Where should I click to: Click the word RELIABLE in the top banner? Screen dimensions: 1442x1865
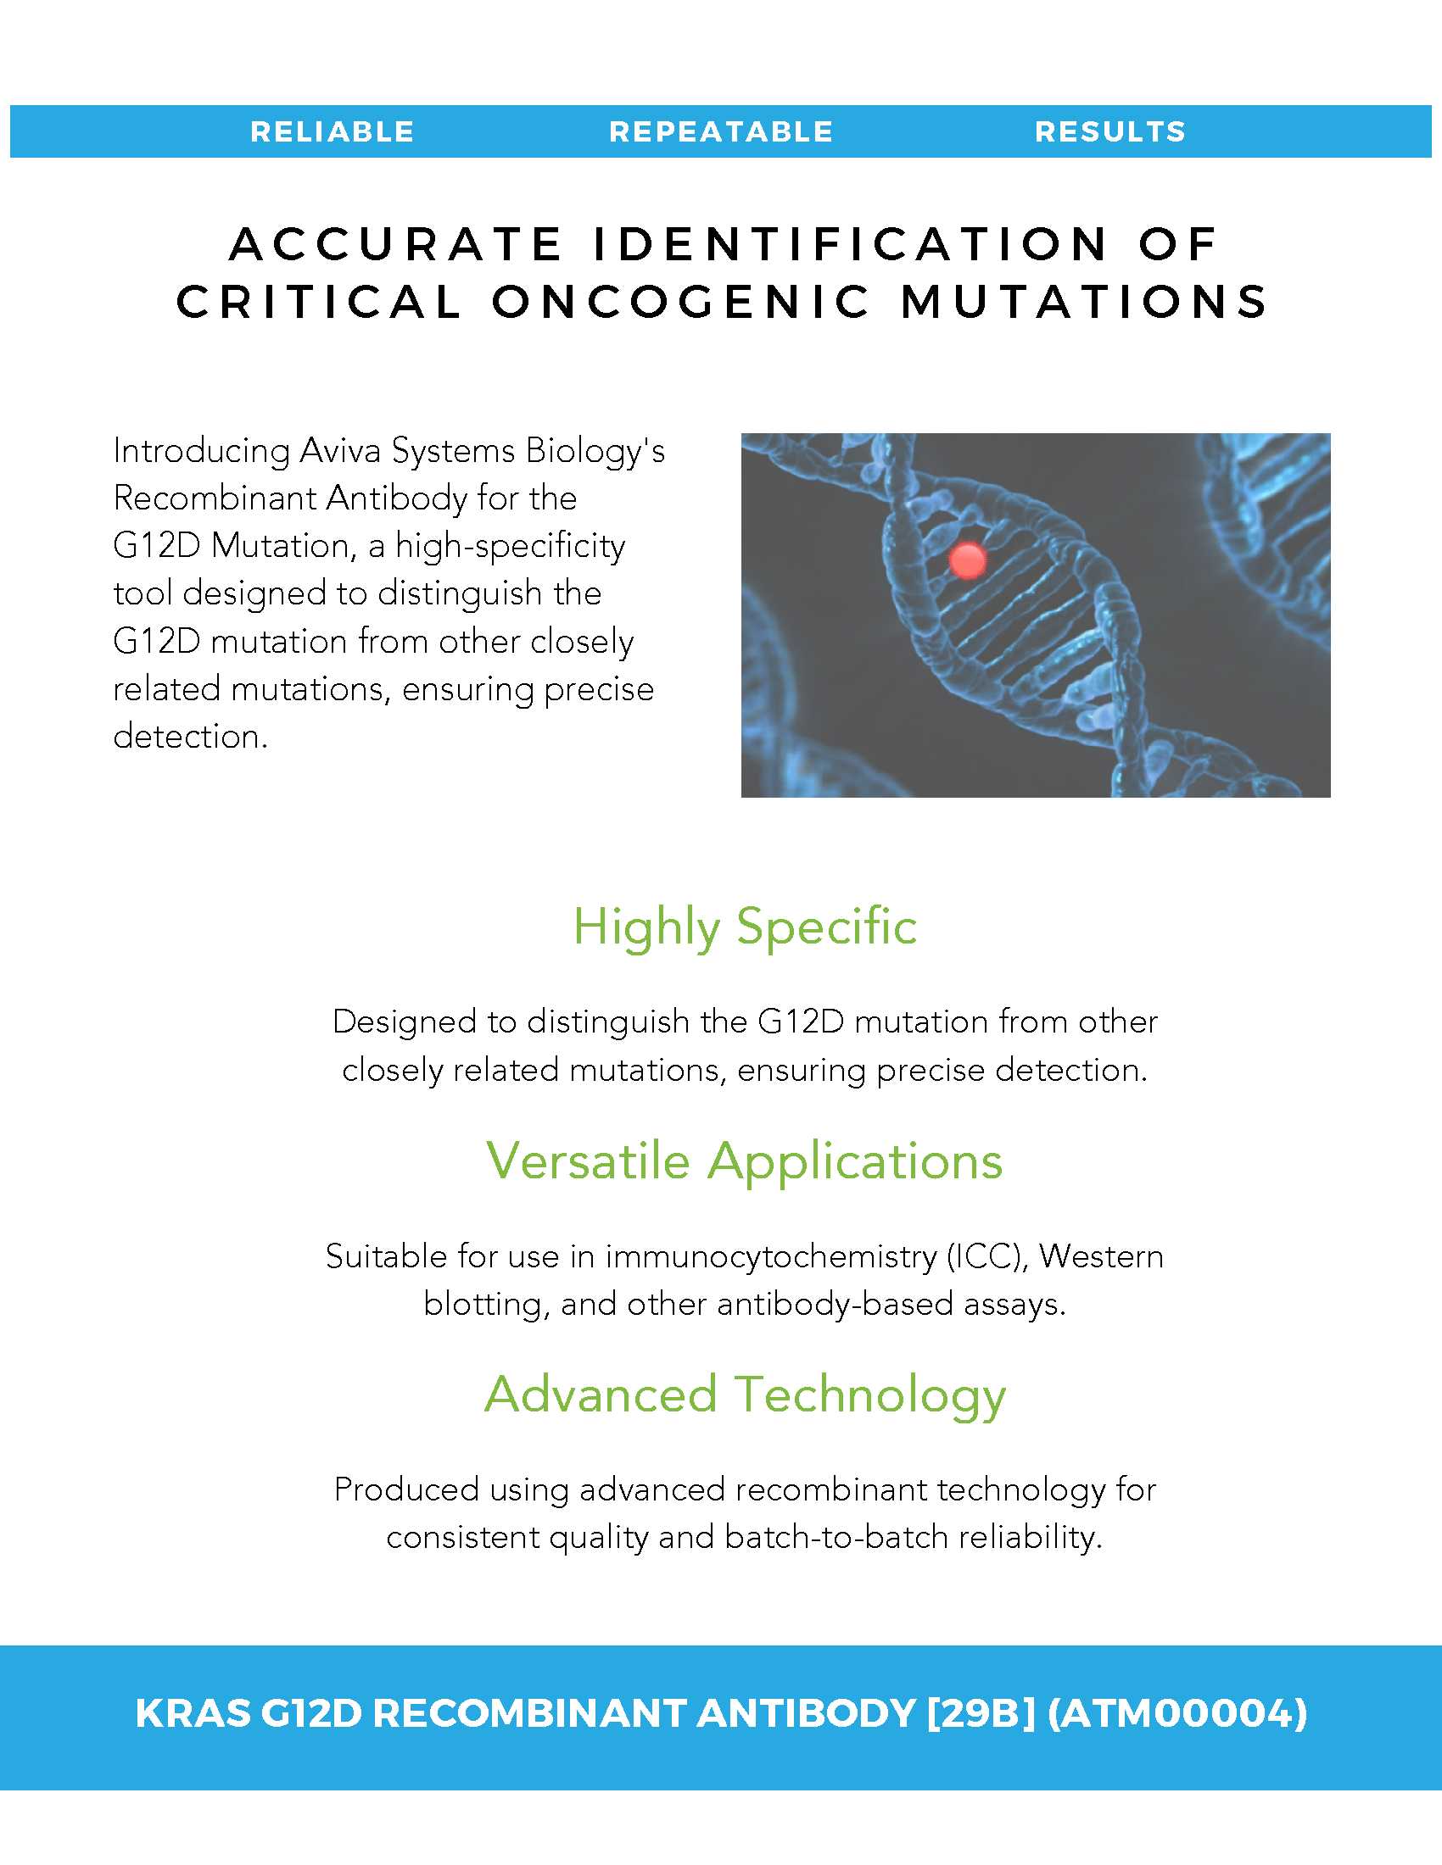[x=333, y=131]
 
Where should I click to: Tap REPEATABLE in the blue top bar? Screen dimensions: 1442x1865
[x=721, y=131]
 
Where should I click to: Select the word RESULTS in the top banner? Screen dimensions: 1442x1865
[x=1110, y=131]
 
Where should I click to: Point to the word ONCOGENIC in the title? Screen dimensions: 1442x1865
[x=681, y=302]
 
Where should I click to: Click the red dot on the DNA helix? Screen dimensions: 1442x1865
[x=968, y=560]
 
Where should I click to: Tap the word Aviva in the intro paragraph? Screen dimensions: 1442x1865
[x=340, y=451]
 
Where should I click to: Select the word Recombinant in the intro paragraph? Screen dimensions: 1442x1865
[x=215, y=498]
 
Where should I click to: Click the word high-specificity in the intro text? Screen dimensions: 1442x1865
[x=510, y=548]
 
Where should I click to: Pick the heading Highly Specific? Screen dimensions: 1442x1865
[x=745, y=928]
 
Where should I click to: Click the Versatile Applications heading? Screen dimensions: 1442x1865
[x=745, y=1162]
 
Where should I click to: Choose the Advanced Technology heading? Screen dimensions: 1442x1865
[x=745, y=1396]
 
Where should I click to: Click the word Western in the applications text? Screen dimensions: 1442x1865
[x=1101, y=1256]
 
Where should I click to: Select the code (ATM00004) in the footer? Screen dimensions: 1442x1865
[x=1177, y=1713]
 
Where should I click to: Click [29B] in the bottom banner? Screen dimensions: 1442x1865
[x=981, y=1713]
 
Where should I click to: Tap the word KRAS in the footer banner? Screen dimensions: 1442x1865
[x=193, y=1713]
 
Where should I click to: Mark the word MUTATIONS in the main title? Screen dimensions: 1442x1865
[x=1085, y=302]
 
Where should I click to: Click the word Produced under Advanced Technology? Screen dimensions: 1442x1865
[x=406, y=1489]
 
